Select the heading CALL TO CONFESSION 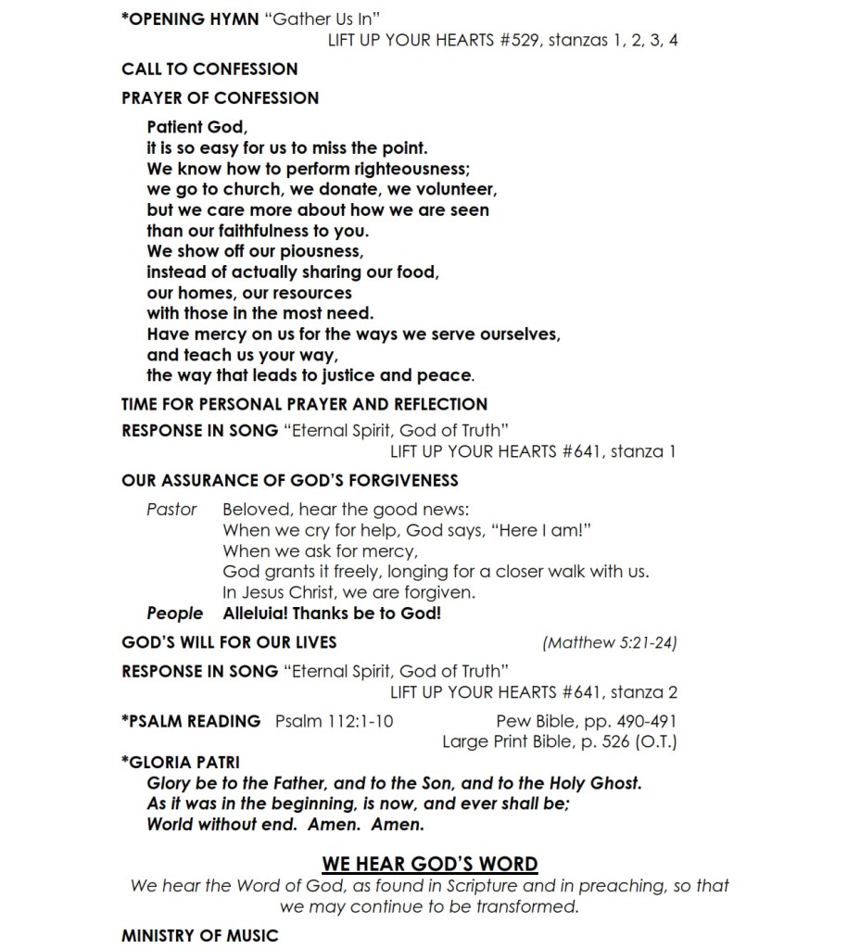click(x=209, y=70)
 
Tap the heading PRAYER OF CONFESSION click(x=220, y=98)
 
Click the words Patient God click(x=196, y=128)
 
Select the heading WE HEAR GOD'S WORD click(x=430, y=865)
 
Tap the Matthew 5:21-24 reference click(x=610, y=642)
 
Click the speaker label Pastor click(x=171, y=510)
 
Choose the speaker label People click(x=174, y=614)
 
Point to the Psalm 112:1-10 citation click(x=334, y=721)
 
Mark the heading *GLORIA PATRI click(x=181, y=763)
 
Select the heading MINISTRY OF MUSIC click(x=199, y=936)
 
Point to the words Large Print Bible click(x=502, y=742)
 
